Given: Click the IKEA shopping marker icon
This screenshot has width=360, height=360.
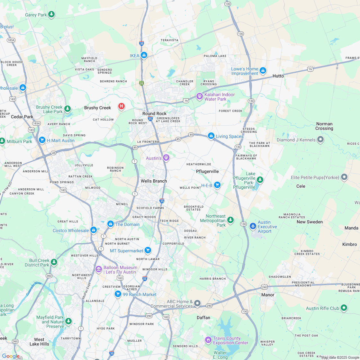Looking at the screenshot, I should [x=144, y=55].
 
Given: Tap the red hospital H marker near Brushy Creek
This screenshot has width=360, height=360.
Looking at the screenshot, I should [x=121, y=106].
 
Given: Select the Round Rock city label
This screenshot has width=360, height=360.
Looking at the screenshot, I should [x=155, y=113].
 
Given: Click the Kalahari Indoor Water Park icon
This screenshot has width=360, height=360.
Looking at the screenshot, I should [x=199, y=96].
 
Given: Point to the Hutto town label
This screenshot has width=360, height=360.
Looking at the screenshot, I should [x=278, y=76].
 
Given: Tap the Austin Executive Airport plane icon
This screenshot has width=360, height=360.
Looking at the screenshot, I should [x=253, y=226].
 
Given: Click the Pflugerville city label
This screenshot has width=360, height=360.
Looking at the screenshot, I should [x=207, y=171].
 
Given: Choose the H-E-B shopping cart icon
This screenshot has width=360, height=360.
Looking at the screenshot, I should [x=217, y=185].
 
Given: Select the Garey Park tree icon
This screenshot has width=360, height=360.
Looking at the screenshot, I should [x=51, y=14].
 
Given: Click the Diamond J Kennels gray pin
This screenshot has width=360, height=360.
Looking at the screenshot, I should [x=320, y=139].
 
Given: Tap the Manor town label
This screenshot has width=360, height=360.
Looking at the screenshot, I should [x=268, y=295].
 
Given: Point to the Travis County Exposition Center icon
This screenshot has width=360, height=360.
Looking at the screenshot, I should [x=208, y=340].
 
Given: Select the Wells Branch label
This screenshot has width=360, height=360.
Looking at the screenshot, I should [x=154, y=181].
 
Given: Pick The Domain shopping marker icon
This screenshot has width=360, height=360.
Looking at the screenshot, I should [x=111, y=224].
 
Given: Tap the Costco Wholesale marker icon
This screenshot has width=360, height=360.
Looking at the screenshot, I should [x=94, y=230].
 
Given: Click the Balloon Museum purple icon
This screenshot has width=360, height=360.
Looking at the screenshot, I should [x=99, y=269].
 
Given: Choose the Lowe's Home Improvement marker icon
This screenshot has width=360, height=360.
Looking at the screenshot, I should [x=263, y=70].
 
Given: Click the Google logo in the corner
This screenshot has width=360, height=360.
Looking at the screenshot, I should [x=11, y=356].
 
